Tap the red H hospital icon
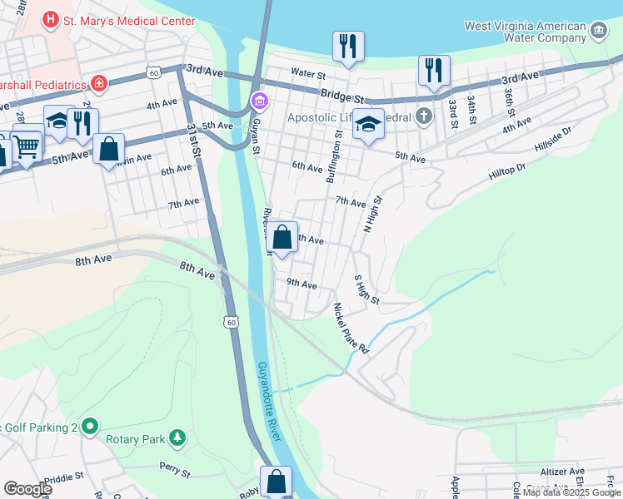pyautogui.click(x=52, y=18)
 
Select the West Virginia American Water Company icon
pyautogui.click(x=598, y=32)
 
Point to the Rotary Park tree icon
pyautogui.click(x=177, y=437)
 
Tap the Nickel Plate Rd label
pyautogui.click(x=351, y=329)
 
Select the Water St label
pyautogui.click(x=307, y=73)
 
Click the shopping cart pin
pyautogui.click(x=27, y=148)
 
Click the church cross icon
pyautogui.click(x=425, y=116)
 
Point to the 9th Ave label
pyautogui.click(x=302, y=284)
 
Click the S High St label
pyautogui.click(x=367, y=289)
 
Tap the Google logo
pyautogui.click(x=27, y=489)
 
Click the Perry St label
pyautogui.click(x=175, y=470)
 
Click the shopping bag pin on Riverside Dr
pyautogui.click(x=282, y=237)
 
